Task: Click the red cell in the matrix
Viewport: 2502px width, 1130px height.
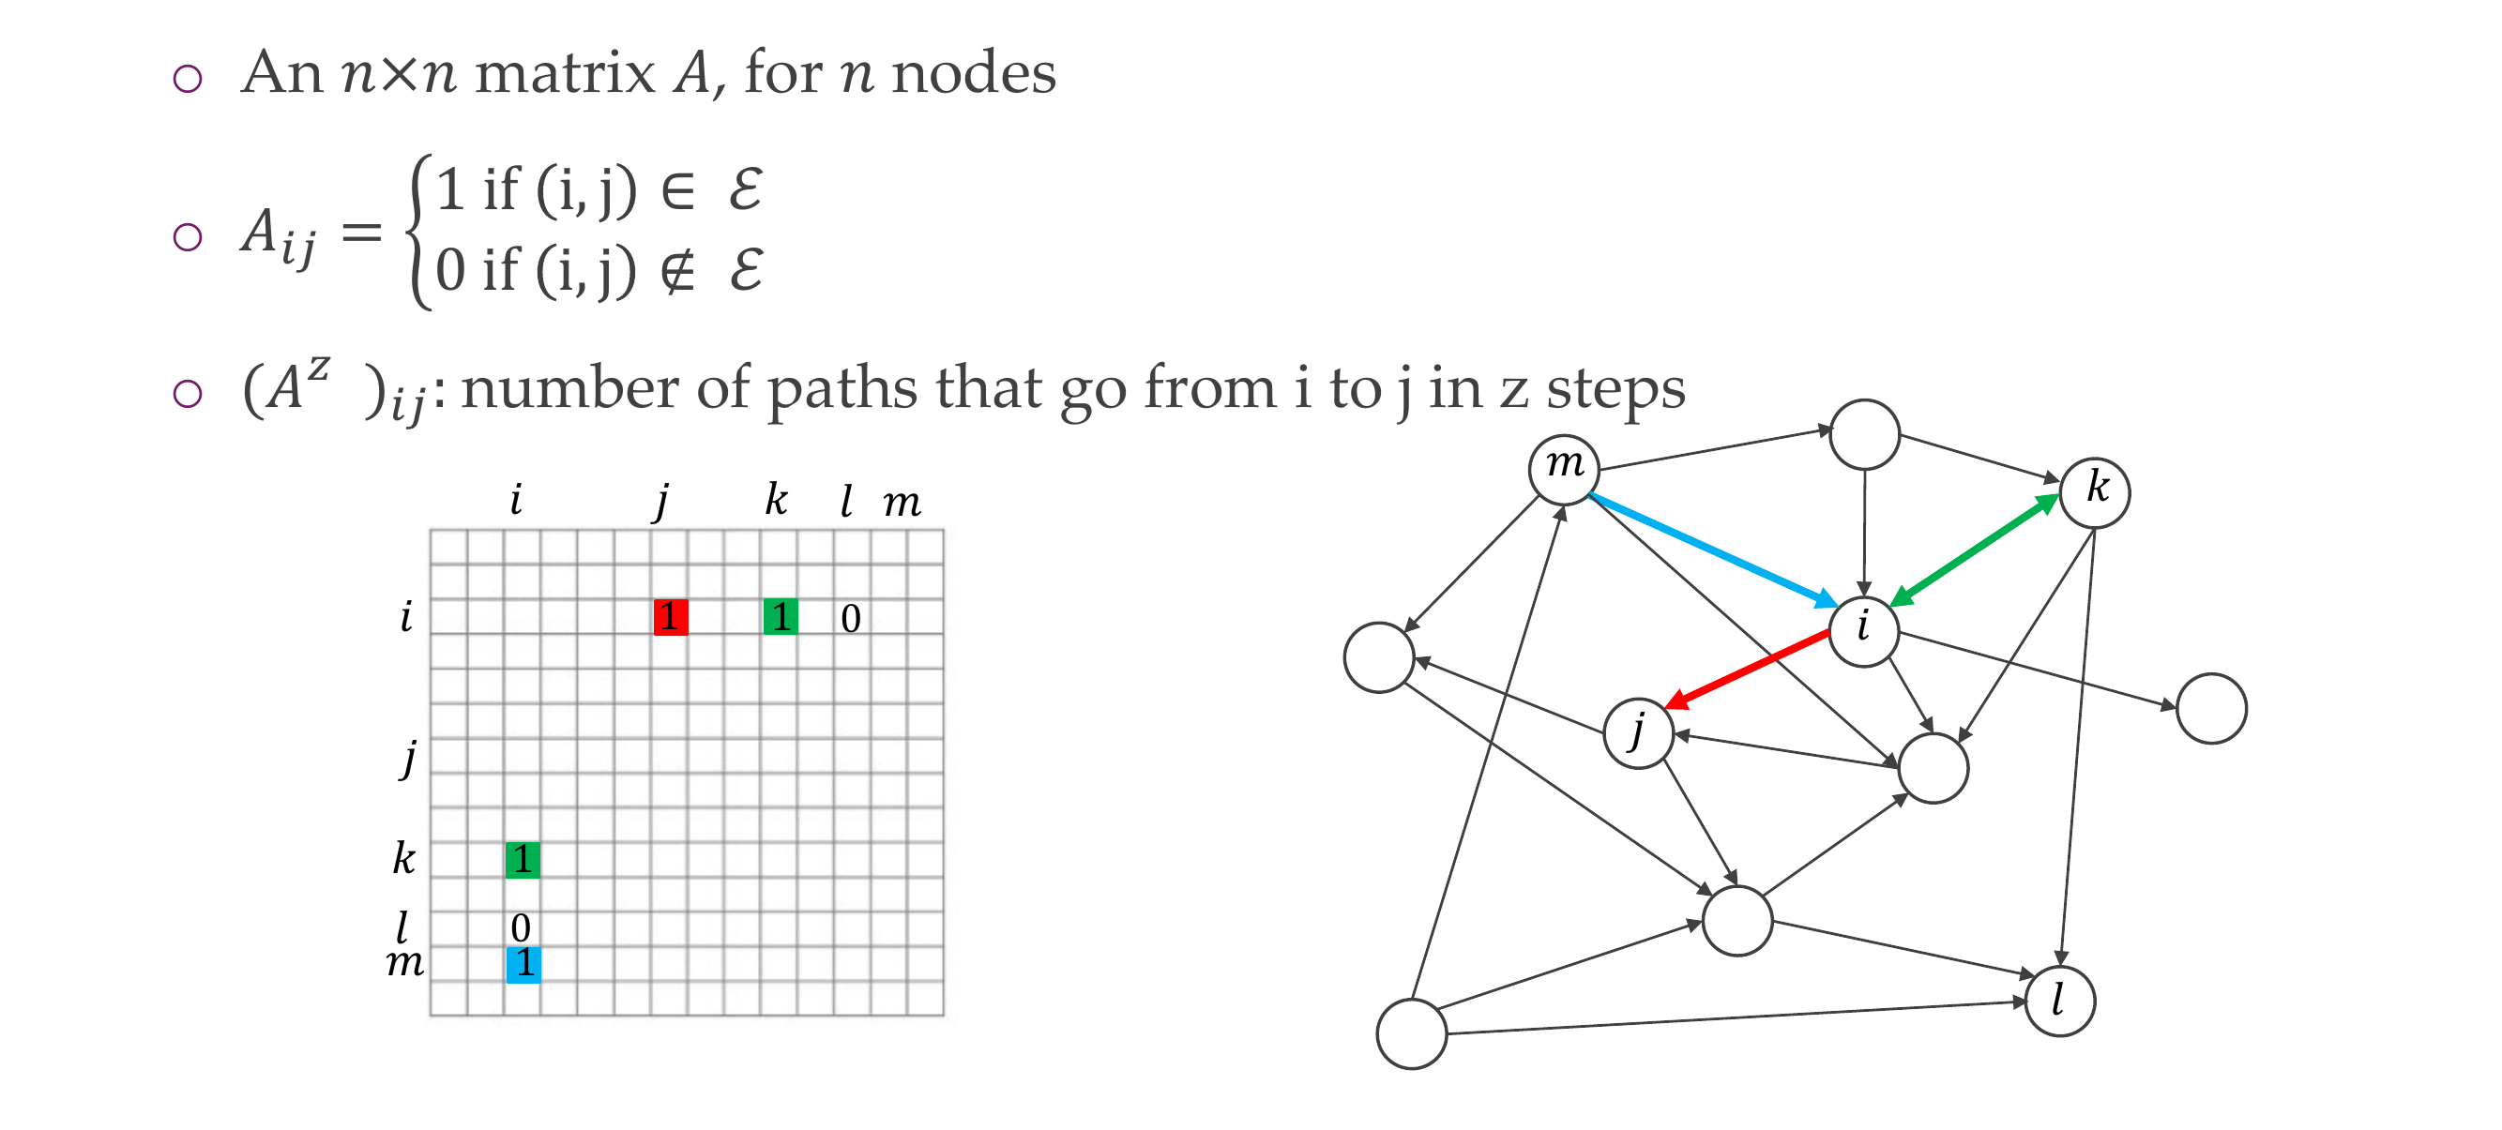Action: pos(670,616)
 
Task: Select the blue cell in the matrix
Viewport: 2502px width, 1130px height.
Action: pos(523,964)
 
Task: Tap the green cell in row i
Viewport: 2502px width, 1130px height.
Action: pos(780,616)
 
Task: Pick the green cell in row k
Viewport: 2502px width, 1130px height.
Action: pos(523,859)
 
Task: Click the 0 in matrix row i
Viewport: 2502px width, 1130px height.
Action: pos(851,618)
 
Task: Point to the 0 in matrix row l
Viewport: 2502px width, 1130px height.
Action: pos(521,928)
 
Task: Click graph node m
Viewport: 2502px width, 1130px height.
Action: pos(1564,469)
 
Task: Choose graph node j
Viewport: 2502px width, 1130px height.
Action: pos(1639,733)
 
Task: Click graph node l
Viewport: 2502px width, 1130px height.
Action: pos(2059,1001)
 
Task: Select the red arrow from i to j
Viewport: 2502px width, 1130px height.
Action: pos(1749,668)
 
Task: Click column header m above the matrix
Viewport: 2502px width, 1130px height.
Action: pos(902,503)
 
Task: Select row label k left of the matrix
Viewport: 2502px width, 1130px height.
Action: pos(404,858)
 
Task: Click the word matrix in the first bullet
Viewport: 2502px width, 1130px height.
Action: pos(565,73)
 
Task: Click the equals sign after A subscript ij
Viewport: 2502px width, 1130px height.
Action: pos(361,233)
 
